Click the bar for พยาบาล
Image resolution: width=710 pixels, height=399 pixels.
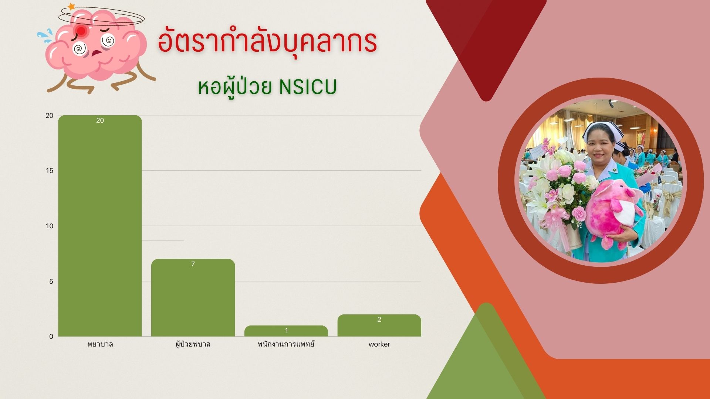pos(100,226)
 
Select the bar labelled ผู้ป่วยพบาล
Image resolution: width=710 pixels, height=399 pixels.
pos(193,298)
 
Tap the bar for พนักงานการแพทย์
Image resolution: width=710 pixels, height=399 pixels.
pos(286,331)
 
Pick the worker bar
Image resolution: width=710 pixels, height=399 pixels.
pos(379,325)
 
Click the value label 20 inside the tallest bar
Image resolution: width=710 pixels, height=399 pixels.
pos(100,120)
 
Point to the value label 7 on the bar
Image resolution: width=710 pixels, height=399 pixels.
pos(193,264)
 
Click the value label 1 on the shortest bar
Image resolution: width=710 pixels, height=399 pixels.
pos(286,331)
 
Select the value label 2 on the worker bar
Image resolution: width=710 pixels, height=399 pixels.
pos(379,320)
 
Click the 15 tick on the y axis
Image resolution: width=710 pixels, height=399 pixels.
pos(50,171)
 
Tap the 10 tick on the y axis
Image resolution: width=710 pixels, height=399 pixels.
pos(50,226)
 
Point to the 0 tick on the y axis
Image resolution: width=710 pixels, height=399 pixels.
pos(51,337)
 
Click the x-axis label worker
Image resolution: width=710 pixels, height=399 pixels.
pos(379,344)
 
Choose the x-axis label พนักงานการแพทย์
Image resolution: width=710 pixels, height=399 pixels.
pos(286,344)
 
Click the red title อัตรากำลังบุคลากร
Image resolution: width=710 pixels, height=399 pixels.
pos(267,41)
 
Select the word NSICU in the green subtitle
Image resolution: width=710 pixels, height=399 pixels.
pos(308,87)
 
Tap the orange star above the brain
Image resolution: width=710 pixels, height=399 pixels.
pos(71,7)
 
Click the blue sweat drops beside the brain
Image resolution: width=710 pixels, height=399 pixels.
pos(44,36)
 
